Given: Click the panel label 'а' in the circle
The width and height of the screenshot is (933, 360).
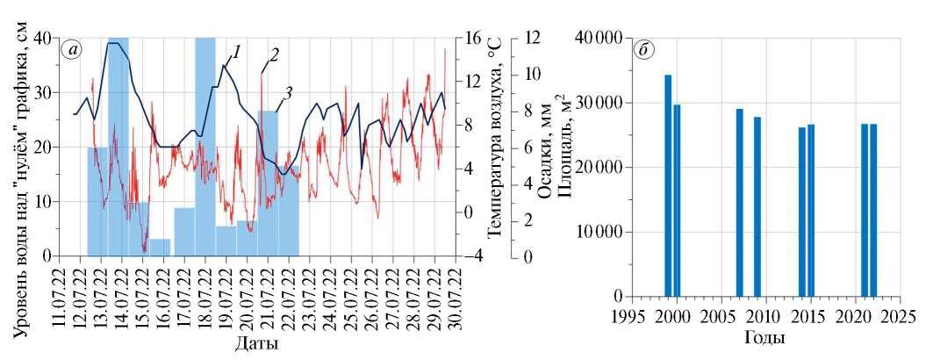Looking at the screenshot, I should (72, 50).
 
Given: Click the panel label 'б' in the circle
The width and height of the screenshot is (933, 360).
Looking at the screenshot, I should (644, 50).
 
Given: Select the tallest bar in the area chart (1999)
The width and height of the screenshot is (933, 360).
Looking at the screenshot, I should (668, 186).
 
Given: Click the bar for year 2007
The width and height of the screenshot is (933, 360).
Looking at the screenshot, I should (739, 203).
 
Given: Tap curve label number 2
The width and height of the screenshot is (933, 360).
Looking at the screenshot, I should (274, 55).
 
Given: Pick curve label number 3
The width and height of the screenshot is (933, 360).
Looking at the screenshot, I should (288, 92).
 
